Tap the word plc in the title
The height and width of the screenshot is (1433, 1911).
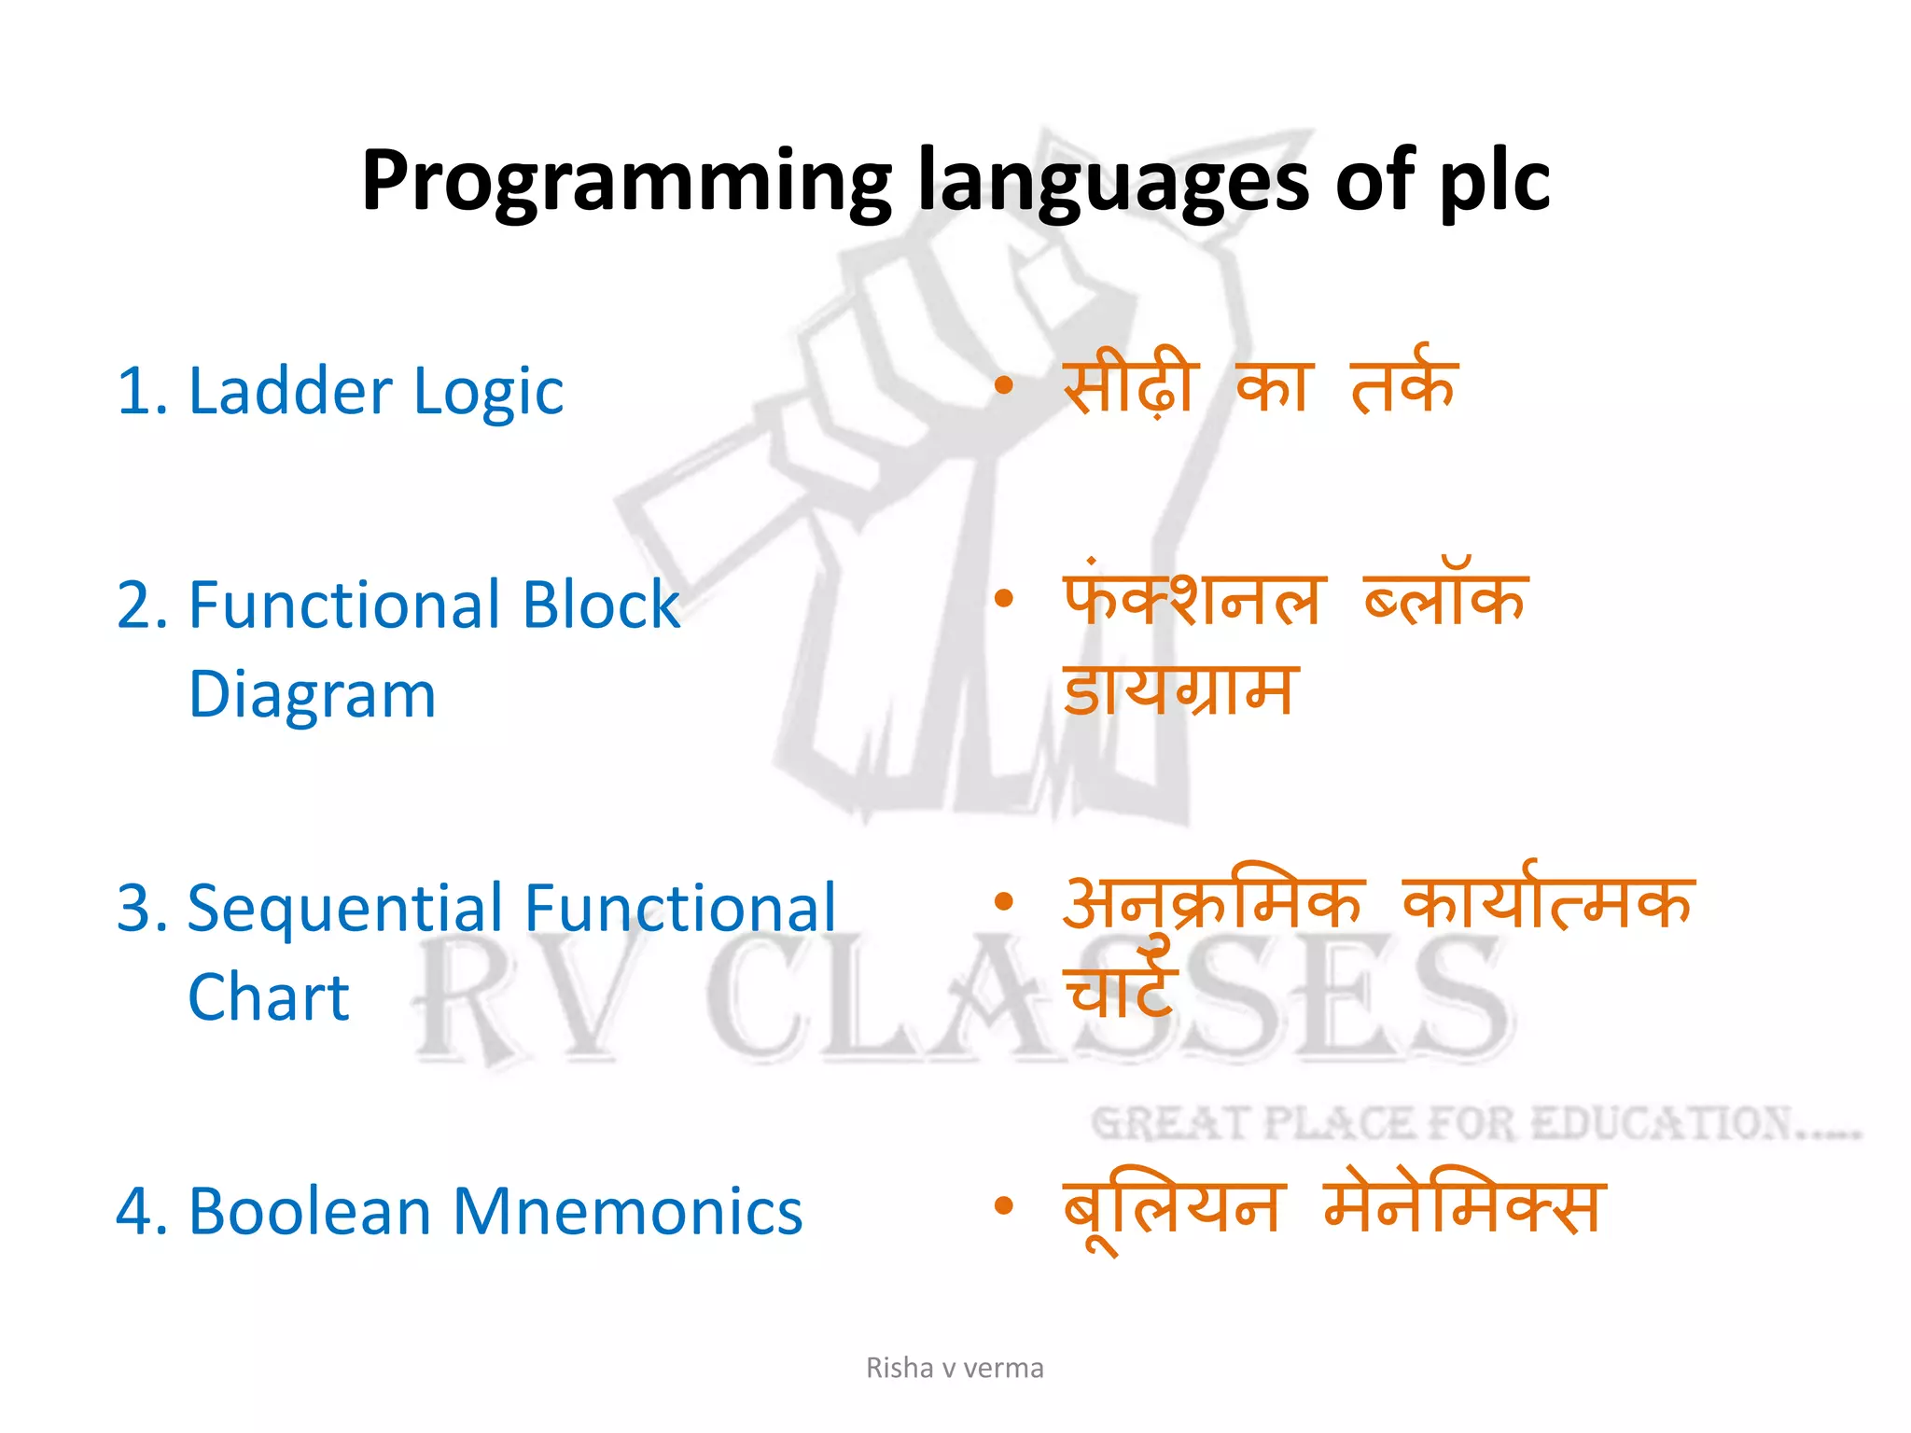[x=1494, y=182]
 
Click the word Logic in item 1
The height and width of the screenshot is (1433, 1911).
[x=488, y=393]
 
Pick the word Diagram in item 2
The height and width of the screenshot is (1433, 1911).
[x=312, y=696]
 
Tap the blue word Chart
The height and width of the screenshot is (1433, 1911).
[x=269, y=997]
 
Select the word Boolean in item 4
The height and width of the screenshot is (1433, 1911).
[x=309, y=1212]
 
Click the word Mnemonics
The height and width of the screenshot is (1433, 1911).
[x=627, y=1212]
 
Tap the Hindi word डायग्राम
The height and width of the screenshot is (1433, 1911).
[x=1179, y=689]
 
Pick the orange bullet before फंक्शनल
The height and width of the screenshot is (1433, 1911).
[x=1003, y=598]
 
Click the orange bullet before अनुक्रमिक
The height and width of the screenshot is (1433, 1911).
[x=1003, y=901]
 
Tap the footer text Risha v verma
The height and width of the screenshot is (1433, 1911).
[x=955, y=1368]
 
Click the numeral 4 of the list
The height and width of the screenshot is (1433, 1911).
[x=133, y=1212]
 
